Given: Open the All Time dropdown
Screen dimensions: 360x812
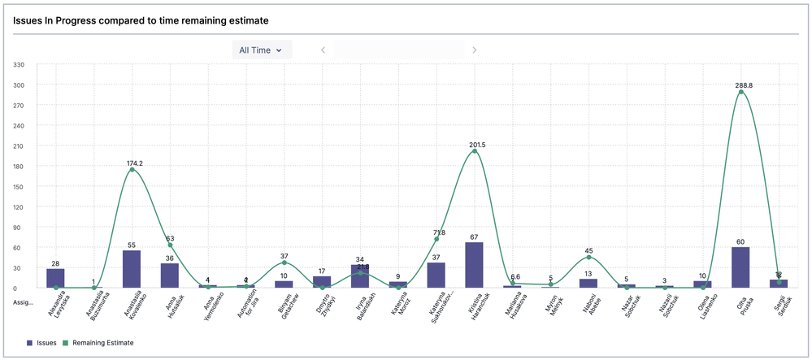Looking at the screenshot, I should click(x=261, y=50).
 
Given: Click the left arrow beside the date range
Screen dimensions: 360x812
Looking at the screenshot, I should click(x=323, y=50).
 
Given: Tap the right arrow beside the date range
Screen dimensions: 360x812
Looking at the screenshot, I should click(x=475, y=50).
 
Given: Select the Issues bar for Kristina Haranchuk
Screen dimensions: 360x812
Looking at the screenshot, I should click(x=475, y=265).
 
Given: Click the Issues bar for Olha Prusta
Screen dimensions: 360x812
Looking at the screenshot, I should click(x=740, y=267).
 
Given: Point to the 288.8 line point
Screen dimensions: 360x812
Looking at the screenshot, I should click(x=740, y=92).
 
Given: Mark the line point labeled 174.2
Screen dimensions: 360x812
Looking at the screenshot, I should click(x=132, y=170).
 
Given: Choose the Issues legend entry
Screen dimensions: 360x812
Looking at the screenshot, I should click(x=41, y=343).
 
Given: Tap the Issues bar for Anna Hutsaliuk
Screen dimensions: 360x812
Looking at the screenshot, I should click(x=170, y=275).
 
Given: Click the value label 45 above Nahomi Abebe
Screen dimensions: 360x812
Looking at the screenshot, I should click(x=589, y=250).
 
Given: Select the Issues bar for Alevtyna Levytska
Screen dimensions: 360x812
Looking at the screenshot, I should click(x=55, y=278).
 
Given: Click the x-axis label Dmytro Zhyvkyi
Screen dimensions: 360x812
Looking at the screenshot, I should click(x=323, y=306).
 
